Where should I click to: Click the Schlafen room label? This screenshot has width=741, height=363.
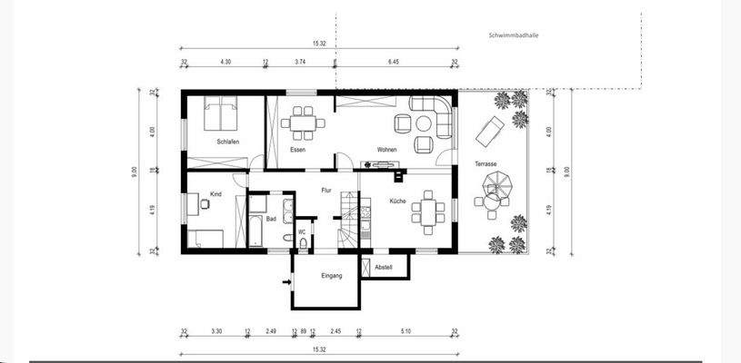coord(227,142)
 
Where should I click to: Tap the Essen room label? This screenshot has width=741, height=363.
coord(297,150)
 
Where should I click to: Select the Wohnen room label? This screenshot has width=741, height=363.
coord(389,150)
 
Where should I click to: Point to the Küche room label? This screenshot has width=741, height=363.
coord(397,201)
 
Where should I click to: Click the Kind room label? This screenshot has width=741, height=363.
coord(215,194)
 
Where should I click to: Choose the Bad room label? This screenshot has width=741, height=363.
coord(271,219)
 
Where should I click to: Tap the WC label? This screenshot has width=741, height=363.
coord(302,233)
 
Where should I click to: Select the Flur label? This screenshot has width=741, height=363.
coord(325,190)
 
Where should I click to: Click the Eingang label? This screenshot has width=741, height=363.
coord(331,275)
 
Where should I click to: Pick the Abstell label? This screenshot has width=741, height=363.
coord(384,267)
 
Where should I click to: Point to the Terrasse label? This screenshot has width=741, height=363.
coord(486,164)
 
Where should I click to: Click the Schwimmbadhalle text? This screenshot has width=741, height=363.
coord(513,37)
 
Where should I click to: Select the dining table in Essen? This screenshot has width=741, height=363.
coord(302,121)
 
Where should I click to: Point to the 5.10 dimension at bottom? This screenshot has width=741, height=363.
coord(406,333)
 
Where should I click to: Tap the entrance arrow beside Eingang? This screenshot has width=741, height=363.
coord(287,282)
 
